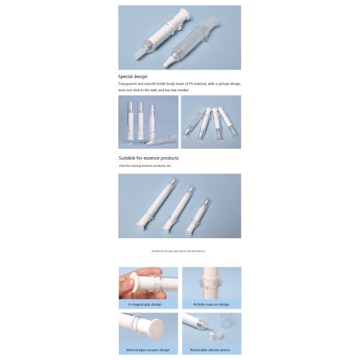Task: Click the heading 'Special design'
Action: point(132,77)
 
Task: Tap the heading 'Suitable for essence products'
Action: point(148,158)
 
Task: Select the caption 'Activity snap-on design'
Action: point(211,304)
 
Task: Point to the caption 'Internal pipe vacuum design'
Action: point(148,350)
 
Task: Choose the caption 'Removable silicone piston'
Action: point(211,350)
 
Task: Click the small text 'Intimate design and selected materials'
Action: point(179,251)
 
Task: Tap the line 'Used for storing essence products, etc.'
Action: point(145,166)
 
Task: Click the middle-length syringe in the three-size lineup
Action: point(178,208)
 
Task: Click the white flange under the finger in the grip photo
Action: point(144,282)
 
